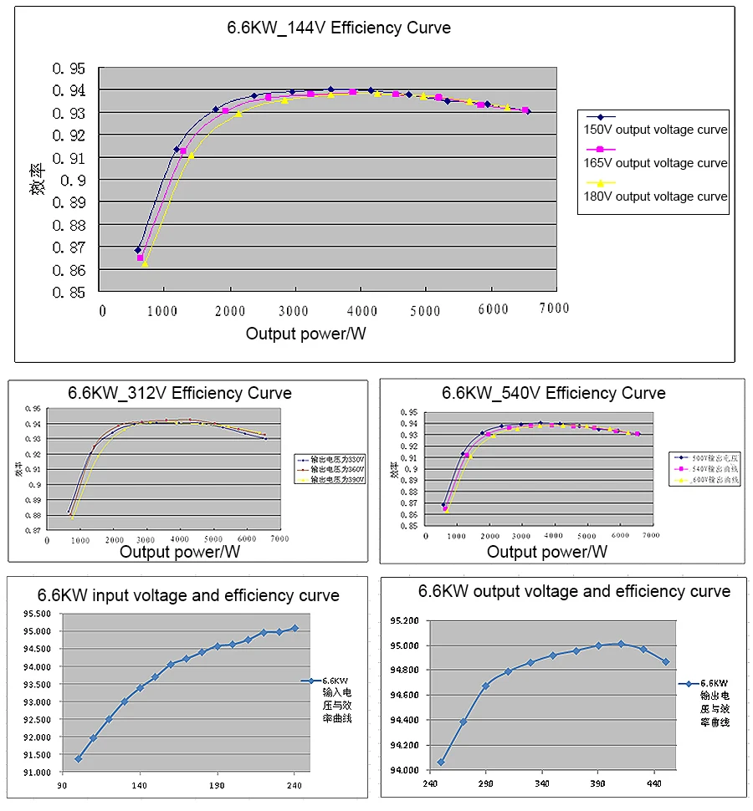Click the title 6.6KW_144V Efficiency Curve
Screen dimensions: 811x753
(339, 28)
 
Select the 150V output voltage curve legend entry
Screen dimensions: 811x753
(655, 130)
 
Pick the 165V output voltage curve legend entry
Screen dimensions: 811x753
(655, 163)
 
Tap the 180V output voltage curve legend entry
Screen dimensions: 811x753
(655, 196)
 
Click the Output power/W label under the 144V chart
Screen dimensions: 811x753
(306, 334)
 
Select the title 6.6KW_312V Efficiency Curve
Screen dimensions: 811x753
(180, 393)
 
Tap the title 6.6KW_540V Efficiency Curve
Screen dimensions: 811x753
(554, 393)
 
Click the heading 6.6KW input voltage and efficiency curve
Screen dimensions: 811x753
(188, 596)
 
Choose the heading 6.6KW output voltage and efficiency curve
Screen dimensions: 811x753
(574, 592)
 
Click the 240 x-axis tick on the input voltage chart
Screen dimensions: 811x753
(295, 786)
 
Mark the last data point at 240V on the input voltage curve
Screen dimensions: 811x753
(295, 628)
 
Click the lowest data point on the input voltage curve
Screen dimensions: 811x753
(79, 758)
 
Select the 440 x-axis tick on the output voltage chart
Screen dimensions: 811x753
(655, 783)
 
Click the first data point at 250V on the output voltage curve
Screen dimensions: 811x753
(441, 763)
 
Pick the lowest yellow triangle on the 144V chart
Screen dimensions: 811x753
(145, 263)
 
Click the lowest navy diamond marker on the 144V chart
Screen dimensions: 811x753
(138, 250)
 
